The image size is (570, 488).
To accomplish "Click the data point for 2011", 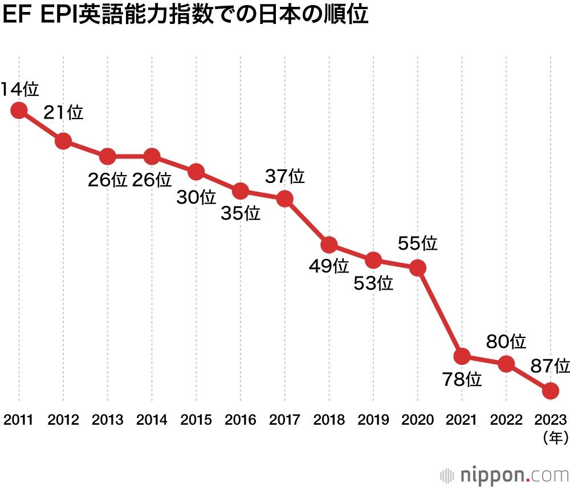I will (x=19, y=110).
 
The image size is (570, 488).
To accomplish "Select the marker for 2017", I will (x=284, y=199).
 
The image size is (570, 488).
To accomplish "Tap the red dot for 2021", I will (x=462, y=356).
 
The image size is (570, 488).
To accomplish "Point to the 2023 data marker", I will (x=550, y=391).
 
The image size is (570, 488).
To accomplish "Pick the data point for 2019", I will (x=373, y=260).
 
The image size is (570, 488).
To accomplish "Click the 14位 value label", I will (x=19, y=89).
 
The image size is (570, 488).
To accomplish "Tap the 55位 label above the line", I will (x=418, y=244).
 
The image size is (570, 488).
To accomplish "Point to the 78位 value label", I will (x=462, y=379).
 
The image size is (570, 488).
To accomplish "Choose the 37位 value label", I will (x=285, y=177).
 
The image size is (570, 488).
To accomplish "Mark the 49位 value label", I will (x=329, y=266).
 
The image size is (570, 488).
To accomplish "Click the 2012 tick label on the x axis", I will (x=63, y=420).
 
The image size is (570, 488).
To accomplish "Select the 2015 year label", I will (x=196, y=420).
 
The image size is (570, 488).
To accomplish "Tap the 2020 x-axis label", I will (x=418, y=420).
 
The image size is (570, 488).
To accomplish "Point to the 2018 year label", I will (x=329, y=420).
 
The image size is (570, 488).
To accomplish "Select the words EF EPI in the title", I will (x=40, y=15).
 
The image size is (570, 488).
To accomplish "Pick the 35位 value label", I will (x=241, y=214).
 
